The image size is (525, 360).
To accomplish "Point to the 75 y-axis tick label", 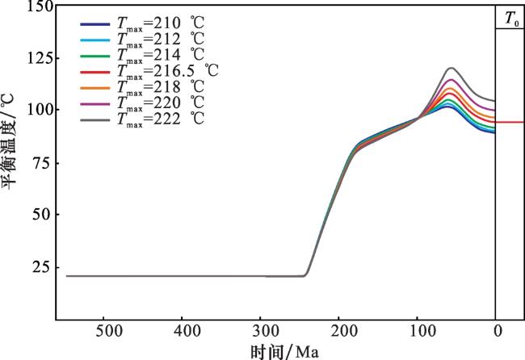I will [42, 162].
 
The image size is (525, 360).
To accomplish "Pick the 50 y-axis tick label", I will [42, 214].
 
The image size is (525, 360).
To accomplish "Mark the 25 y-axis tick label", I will [42, 266].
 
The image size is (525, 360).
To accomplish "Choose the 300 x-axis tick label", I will [262, 331].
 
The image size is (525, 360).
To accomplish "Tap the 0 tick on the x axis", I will [498, 331].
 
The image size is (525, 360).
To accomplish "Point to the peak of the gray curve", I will [450, 69].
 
